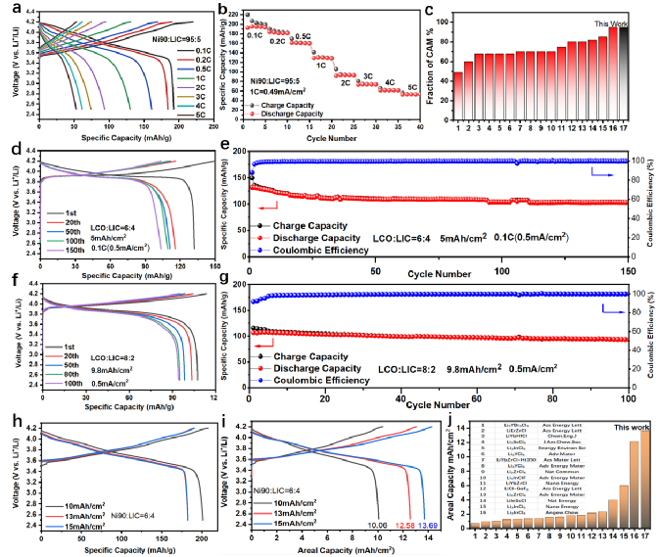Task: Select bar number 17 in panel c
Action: [x=622, y=69]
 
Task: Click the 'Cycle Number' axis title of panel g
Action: [x=437, y=403]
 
